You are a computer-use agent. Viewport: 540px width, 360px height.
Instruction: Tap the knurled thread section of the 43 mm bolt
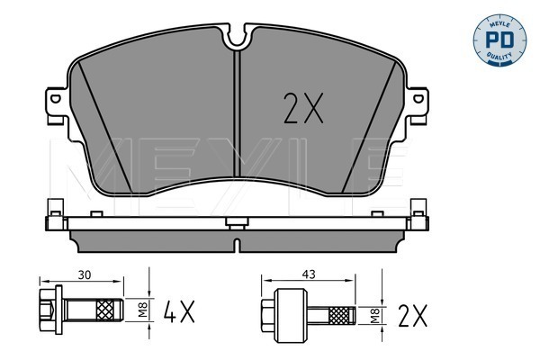coord(341,316)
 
